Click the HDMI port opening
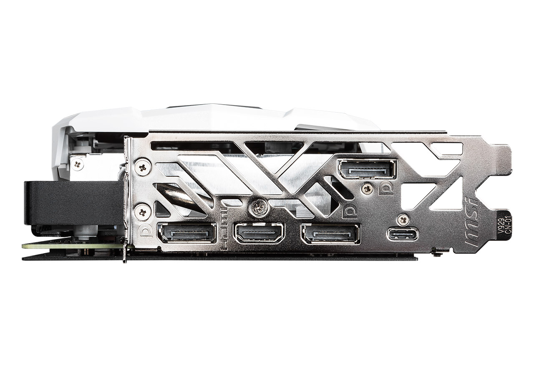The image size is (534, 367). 259,233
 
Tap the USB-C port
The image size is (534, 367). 403,234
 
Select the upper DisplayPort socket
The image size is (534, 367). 367,168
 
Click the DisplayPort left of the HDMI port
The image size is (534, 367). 186,233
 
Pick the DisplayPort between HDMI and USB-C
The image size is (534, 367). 330,234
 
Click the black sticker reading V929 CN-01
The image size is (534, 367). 504,226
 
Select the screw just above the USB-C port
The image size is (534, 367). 403,219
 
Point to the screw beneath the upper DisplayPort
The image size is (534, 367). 367,189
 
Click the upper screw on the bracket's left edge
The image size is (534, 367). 143,168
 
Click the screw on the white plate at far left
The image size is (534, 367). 77,164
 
